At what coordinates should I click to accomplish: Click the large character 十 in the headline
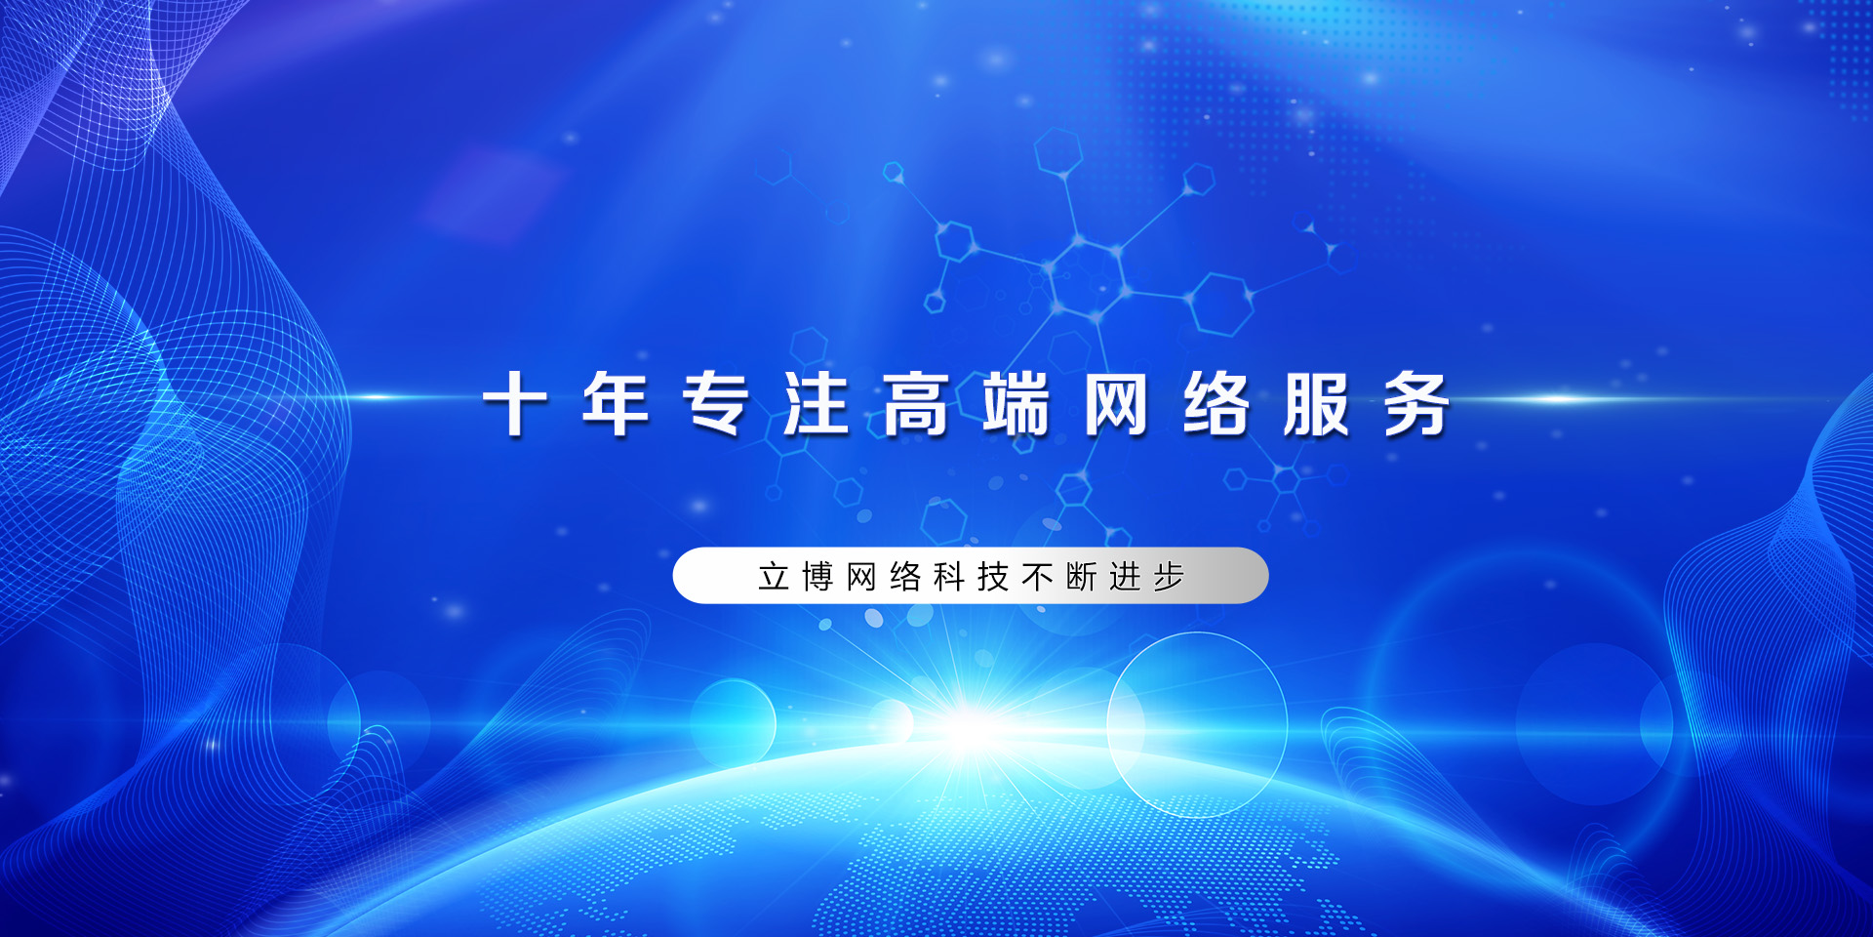point(514,402)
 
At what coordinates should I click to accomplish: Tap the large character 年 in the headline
point(615,402)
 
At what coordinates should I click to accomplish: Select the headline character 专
point(715,402)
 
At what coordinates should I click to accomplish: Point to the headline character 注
point(816,402)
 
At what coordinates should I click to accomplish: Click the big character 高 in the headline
point(916,402)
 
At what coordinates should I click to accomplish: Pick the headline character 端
point(1016,402)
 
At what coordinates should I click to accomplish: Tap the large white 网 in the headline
point(1116,402)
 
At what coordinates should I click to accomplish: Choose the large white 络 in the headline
point(1216,402)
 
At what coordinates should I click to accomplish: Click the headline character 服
point(1317,402)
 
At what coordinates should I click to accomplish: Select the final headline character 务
point(1417,402)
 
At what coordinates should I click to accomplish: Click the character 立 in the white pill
point(774,577)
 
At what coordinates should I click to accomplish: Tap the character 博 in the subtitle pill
point(817,577)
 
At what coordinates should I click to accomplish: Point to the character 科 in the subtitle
point(949,577)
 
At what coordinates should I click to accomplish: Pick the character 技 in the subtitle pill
point(993,577)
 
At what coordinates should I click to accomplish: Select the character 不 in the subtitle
point(1037,577)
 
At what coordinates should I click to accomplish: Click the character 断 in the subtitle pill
point(1081,577)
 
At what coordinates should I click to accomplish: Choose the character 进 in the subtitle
point(1125,577)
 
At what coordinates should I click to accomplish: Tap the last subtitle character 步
point(1169,577)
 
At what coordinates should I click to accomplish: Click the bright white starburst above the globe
point(968,728)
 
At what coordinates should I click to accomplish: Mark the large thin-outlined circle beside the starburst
point(1108,724)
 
